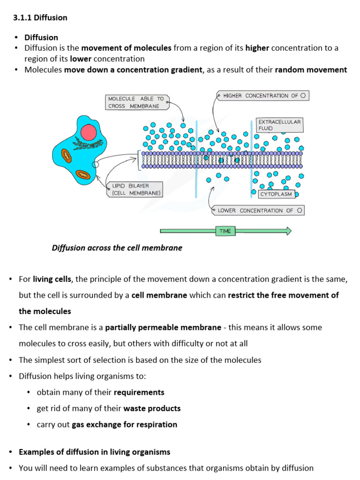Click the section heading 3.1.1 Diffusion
pos(40,18)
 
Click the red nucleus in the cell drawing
pos(88,132)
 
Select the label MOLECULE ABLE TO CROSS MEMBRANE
pos(136,102)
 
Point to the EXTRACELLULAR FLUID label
pos(279,125)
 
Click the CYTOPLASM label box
pos(276,194)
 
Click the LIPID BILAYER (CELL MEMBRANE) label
pos(135,189)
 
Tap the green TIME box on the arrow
pos(225,231)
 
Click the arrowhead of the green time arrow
pos(288,231)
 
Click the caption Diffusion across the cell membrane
pos(117,248)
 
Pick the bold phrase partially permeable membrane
pos(163,327)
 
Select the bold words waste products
pos(152,408)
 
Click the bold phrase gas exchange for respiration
pos(124,425)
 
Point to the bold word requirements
pos(139,392)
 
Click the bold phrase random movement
pos(311,70)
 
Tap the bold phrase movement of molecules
pos(127,48)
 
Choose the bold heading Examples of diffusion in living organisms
pos(94,452)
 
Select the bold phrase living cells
pos(52,279)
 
